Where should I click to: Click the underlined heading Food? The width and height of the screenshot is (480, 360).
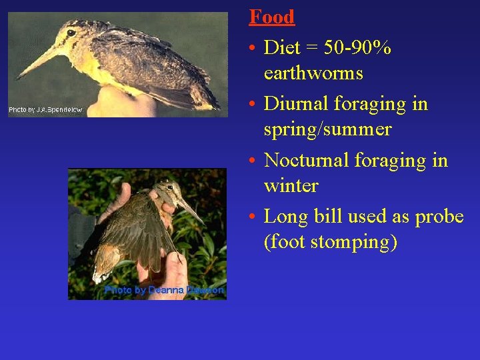271,17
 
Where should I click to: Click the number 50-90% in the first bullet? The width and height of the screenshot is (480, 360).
357,48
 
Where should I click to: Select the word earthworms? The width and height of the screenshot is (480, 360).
313,73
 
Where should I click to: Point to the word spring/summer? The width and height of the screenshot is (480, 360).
327,129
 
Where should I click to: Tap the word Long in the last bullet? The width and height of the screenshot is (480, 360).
283,217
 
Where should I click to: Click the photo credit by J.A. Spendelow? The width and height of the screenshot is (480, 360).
45,109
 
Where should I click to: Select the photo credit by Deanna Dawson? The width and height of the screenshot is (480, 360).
164,290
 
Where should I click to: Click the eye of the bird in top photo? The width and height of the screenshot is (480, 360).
71,33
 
